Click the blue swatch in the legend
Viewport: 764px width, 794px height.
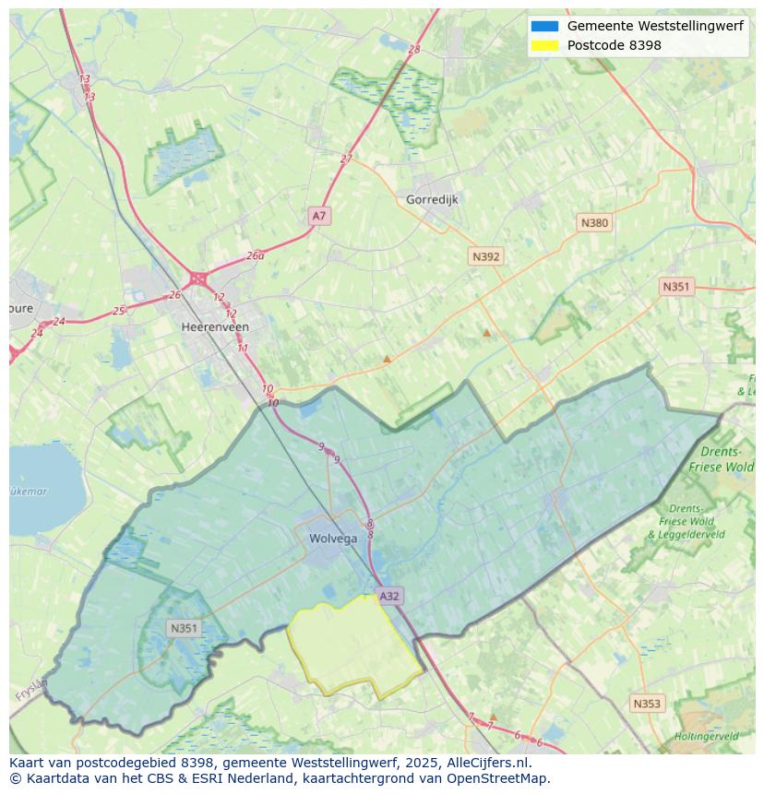(x=544, y=27)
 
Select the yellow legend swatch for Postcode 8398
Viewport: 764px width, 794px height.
(x=544, y=45)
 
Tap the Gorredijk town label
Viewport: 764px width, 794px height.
(x=432, y=199)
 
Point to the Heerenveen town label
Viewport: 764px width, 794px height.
(x=215, y=326)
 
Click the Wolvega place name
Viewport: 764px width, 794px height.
(x=333, y=539)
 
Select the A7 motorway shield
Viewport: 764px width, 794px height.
(x=318, y=216)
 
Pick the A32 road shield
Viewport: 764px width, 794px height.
(x=389, y=596)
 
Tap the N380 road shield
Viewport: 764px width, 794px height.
(x=594, y=222)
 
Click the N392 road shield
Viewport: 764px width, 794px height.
(x=485, y=256)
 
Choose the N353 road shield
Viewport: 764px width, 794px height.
(x=646, y=704)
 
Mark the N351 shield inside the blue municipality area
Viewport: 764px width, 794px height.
(x=184, y=628)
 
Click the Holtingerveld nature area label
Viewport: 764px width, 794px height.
(x=706, y=736)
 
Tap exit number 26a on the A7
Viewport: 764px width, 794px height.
(x=256, y=255)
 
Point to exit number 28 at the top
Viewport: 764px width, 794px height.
(x=413, y=49)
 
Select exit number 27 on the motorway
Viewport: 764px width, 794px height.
(x=346, y=159)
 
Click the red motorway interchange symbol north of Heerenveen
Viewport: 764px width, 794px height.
(x=197, y=278)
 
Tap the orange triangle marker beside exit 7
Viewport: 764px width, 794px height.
(x=493, y=716)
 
